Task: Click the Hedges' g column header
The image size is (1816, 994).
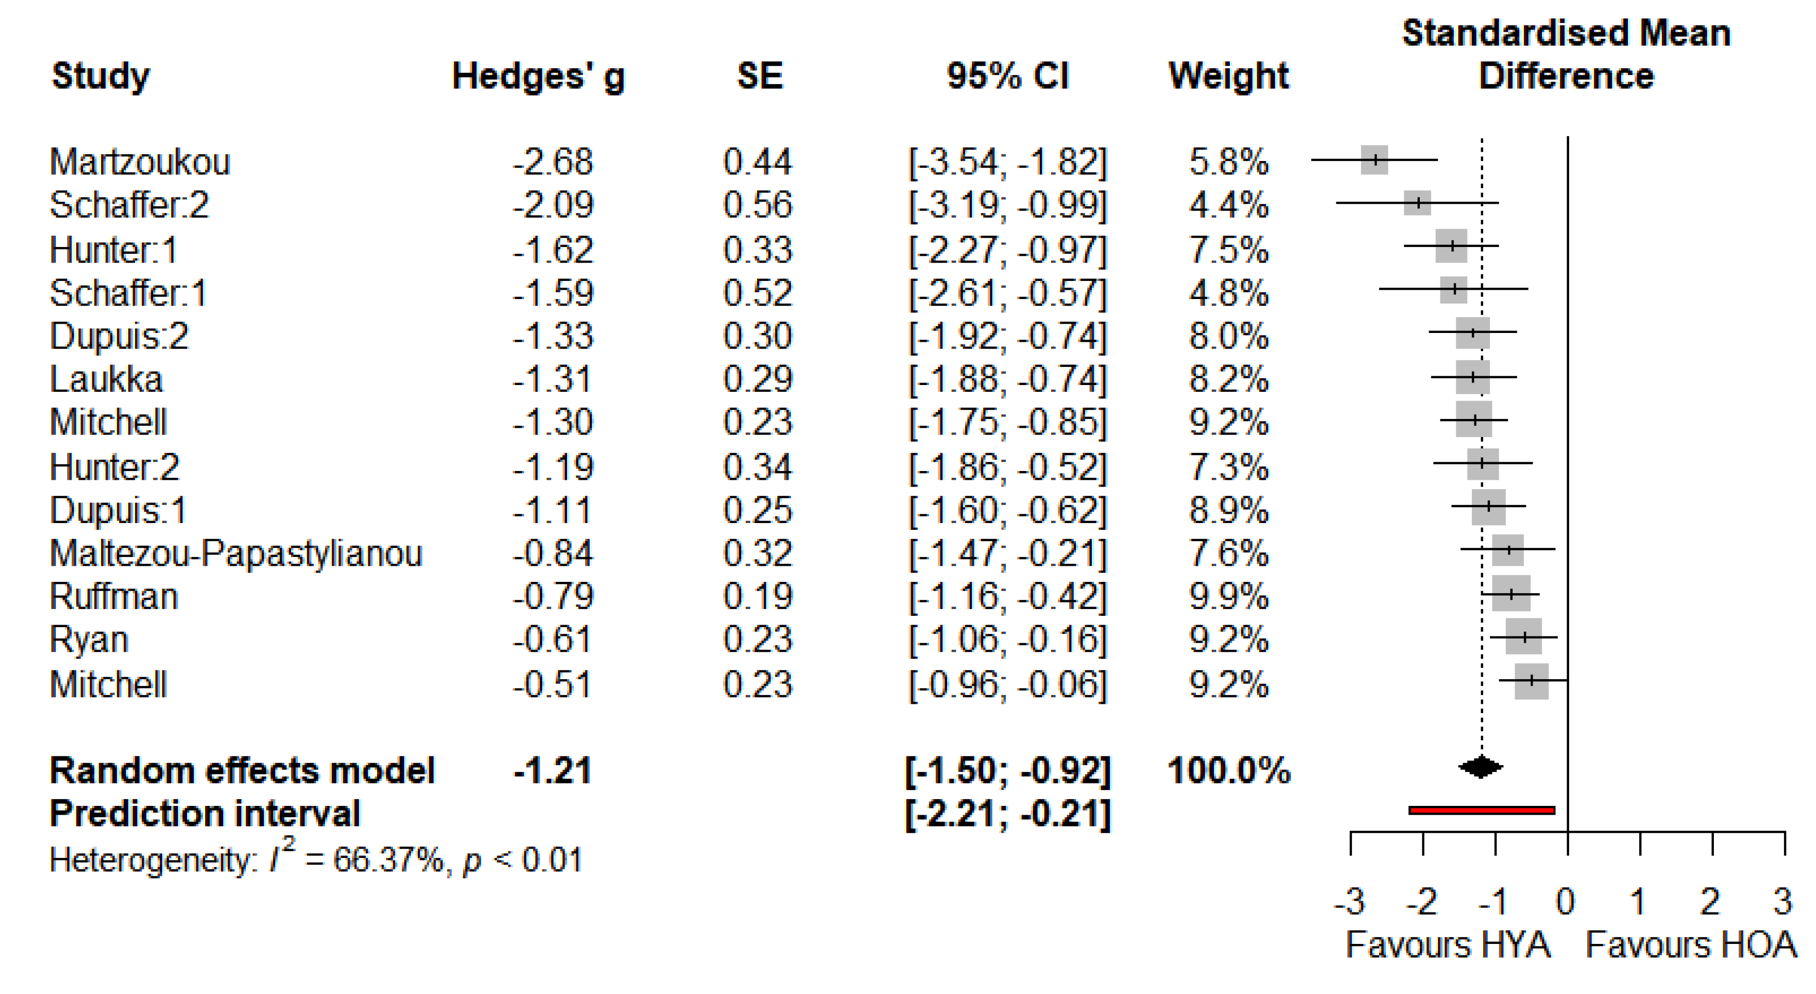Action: click(538, 76)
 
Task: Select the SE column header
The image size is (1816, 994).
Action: click(759, 76)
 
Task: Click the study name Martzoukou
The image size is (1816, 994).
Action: click(139, 162)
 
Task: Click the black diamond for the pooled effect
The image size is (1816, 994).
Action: click(1480, 767)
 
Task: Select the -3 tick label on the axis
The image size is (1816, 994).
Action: click(1349, 902)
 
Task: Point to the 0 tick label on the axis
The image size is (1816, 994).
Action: click(1566, 902)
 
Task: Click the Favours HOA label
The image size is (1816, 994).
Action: click(1690, 945)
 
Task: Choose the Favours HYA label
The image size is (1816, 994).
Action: click(1447, 945)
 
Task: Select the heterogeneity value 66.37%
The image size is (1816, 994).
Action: click(388, 860)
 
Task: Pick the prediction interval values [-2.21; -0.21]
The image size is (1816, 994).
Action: click(1007, 814)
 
